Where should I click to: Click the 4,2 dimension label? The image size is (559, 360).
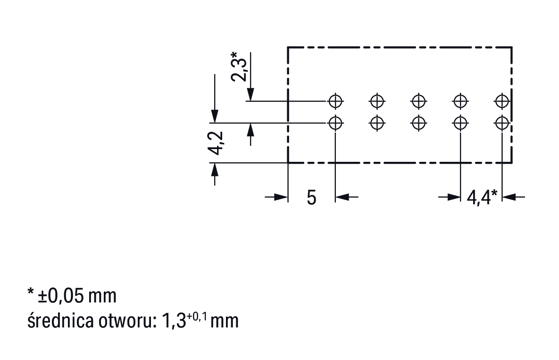click(216, 143)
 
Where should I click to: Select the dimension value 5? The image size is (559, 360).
click(311, 197)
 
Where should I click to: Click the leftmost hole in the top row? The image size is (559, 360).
click(335, 100)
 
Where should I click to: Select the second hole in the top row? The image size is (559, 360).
click(376, 100)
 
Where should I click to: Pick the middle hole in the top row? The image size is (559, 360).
click(418, 100)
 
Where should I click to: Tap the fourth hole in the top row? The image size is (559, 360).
click(460, 100)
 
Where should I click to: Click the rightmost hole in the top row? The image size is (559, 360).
click(502, 100)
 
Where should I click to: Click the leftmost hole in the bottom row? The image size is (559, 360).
click(335, 123)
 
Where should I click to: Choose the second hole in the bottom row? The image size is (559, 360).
click(376, 123)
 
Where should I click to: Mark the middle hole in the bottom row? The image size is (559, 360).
click(418, 123)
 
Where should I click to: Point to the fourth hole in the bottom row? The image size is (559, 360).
click(460, 123)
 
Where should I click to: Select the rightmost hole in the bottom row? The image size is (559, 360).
click(502, 123)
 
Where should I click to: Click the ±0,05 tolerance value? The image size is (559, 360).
click(61, 296)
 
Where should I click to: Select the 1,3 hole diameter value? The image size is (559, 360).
click(173, 321)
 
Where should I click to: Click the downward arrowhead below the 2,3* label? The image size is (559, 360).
click(251, 94)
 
